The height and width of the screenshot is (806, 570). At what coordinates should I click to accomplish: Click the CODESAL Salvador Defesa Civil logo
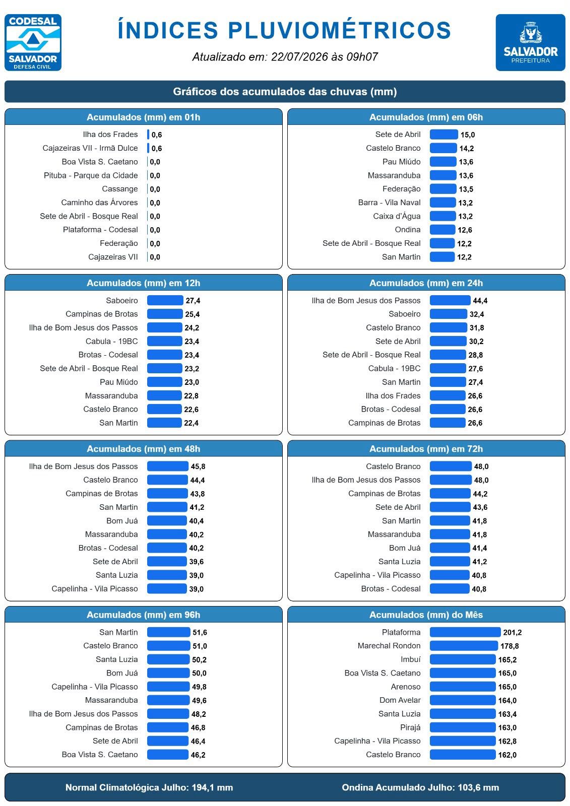(33, 42)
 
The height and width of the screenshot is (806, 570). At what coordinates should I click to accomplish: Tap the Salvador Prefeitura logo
(530, 42)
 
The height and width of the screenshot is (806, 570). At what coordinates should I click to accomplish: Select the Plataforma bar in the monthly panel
(465, 632)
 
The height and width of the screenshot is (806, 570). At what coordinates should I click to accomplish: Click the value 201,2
(513, 633)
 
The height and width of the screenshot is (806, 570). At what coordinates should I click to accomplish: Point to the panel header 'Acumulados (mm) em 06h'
(426, 117)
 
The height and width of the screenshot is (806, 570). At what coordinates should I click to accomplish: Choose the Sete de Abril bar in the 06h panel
(444, 135)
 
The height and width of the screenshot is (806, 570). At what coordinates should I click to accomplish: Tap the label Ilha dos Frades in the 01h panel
(110, 135)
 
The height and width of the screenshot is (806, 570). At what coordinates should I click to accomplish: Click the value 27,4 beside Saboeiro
(193, 301)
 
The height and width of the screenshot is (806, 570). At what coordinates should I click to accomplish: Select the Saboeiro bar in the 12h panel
(165, 300)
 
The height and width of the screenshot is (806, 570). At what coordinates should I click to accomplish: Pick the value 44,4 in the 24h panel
(480, 301)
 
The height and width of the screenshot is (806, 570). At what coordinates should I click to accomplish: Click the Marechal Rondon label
(389, 646)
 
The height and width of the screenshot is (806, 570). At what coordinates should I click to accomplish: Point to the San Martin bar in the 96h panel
(168, 632)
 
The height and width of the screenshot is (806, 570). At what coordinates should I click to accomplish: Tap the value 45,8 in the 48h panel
(198, 466)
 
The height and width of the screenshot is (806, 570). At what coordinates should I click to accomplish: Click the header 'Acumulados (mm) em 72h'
(426, 449)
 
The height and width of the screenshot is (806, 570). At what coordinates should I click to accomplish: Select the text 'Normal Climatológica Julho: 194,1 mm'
(149, 788)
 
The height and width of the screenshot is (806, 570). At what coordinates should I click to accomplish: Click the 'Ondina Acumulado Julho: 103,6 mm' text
(420, 788)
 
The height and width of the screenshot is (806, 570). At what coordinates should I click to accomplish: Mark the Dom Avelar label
(400, 700)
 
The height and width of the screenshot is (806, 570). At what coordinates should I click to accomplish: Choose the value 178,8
(510, 646)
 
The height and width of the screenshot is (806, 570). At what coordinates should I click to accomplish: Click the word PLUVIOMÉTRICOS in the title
(340, 30)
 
